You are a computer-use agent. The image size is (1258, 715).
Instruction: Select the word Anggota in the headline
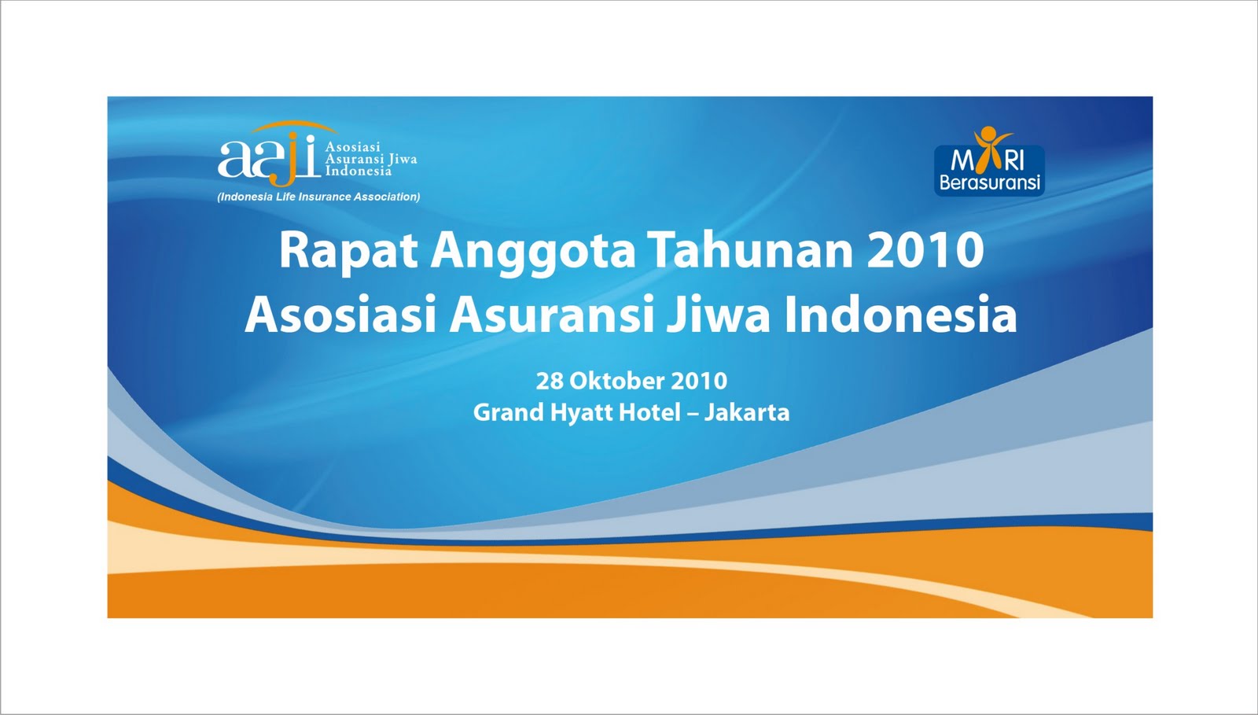532,251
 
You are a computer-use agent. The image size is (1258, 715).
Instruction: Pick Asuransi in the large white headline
552,315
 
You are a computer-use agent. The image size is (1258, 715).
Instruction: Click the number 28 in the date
550,381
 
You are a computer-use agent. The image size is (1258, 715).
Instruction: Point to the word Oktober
614,381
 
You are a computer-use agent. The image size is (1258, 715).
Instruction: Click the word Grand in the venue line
503,412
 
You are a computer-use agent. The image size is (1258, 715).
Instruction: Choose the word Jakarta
746,412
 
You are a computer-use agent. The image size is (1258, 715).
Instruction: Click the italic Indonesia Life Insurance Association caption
318,197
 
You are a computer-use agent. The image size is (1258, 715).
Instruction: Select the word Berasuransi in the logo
989,183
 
